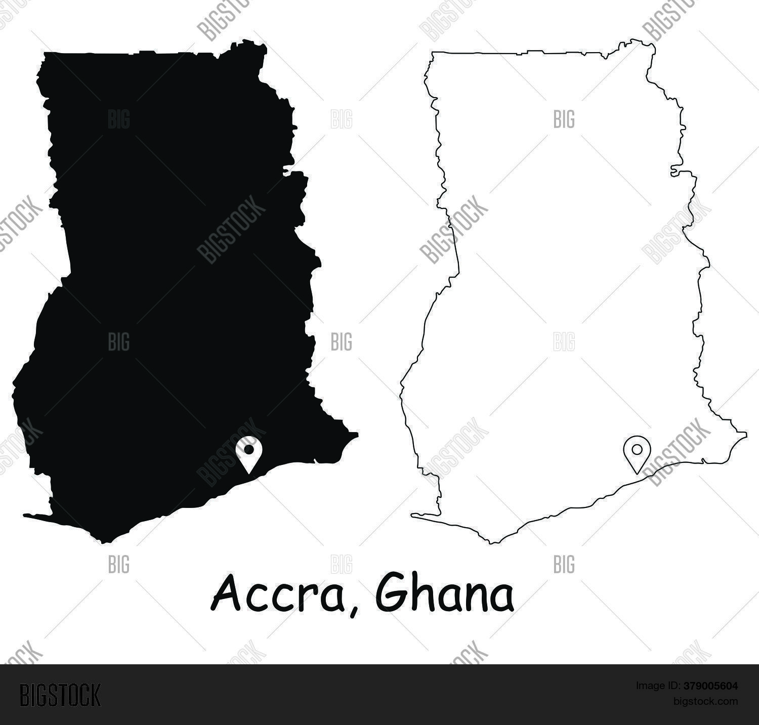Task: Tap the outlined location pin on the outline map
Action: point(637,452)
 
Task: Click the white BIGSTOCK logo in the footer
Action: point(60,695)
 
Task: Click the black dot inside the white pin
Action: point(248,449)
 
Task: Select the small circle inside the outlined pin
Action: point(637,448)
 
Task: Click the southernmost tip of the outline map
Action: point(492,543)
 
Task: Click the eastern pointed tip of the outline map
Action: point(746,434)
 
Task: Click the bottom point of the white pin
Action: point(248,473)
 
